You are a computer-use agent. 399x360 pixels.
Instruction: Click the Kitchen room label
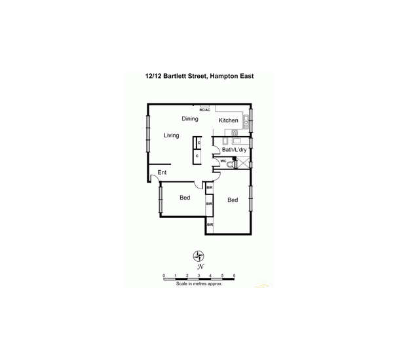pos(228,120)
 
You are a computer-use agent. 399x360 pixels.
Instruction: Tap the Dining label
pos(190,119)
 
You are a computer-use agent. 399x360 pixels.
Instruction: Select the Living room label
pos(172,135)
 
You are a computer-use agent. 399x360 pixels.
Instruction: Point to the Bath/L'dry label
pos(234,150)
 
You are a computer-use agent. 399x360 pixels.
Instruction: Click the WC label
pos(223,160)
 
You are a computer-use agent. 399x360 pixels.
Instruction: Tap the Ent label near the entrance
pos(162,173)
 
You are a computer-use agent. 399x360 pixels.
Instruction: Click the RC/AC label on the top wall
pos(205,110)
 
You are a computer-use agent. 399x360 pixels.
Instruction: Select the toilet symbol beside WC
pos(231,165)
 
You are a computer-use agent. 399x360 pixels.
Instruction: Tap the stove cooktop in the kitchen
pos(234,133)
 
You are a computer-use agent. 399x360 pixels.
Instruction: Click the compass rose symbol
pos(200,256)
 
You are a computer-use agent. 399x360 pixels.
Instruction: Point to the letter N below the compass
pos(200,267)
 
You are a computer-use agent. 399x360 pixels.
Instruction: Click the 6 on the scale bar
pos(234,276)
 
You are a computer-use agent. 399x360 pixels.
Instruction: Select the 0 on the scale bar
pos(164,276)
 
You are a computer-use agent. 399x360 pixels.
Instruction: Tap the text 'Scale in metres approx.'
pos(199,284)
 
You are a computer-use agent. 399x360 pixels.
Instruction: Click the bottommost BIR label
pos(210,225)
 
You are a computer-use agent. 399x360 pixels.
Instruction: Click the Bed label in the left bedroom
pos(185,198)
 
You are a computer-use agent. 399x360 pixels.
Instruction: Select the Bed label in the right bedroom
pos(233,200)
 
